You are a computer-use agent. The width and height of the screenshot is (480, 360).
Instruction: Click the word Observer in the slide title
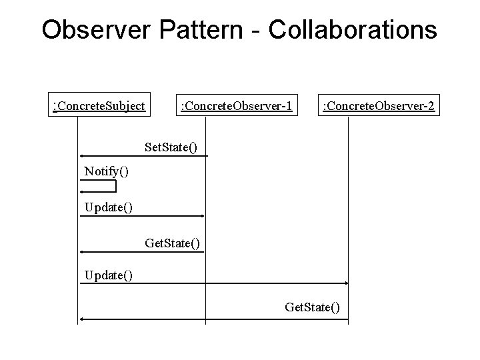click(x=93, y=29)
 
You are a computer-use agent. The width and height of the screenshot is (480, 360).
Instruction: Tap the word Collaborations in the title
click(x=353, y=29)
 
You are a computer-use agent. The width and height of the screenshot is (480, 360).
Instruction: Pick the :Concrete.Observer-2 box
click(x=379, y=105)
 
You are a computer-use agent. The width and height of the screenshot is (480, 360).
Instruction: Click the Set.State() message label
click(x=171, y=145)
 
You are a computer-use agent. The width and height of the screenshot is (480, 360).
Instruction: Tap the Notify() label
click(x=107, y=171)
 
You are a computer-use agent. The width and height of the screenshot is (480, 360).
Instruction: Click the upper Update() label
click(x=109, y=207)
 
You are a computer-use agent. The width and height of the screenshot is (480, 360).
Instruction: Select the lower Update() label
click(x=109, y=274)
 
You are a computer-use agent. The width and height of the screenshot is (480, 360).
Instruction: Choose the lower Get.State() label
click(x=312, y=307)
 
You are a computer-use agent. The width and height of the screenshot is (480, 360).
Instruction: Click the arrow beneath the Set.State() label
click(x=143, y=156)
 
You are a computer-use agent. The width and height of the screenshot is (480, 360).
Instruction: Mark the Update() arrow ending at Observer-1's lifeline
click(x=142, y=216)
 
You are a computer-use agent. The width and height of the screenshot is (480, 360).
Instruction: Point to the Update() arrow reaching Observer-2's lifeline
click(x=213, y=283)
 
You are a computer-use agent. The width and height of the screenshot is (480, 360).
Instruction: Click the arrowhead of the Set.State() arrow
click(x=82, y=156)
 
